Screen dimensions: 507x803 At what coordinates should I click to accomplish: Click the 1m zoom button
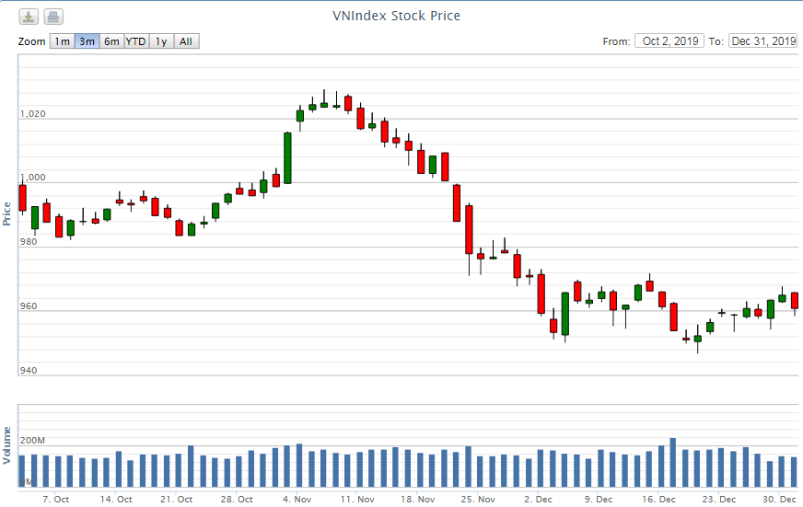62,41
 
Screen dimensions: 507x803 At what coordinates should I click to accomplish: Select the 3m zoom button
87,41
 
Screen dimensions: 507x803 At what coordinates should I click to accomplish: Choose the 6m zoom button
111,41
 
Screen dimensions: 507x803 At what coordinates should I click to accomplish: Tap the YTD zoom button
136,41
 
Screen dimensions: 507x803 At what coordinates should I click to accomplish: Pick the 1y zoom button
161,41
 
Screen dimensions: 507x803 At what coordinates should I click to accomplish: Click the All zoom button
186,41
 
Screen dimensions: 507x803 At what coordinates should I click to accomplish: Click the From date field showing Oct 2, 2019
669,41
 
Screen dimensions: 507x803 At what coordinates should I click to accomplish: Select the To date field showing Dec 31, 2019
762,41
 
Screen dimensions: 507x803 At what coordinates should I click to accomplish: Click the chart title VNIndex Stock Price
396,16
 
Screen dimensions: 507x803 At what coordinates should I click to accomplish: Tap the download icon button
29,17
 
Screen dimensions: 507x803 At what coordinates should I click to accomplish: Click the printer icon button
53,17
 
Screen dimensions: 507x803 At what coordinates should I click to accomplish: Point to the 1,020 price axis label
32,115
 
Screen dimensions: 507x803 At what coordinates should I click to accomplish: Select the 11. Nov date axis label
357,500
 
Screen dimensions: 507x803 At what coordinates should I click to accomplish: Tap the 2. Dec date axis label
538,500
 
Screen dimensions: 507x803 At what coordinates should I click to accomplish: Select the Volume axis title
7,444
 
